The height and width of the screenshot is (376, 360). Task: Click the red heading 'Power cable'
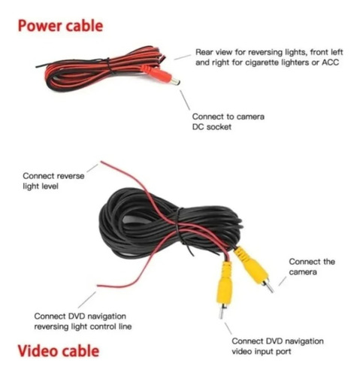coord(60,26)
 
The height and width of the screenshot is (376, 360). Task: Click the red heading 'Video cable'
coord(59,350)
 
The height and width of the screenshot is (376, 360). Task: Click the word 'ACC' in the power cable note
coord(330,62)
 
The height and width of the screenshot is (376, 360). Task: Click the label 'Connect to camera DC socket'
coord(228,122)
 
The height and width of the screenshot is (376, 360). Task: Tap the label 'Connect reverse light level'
coord(53,180)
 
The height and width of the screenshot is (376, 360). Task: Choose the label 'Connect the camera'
coord(312,267)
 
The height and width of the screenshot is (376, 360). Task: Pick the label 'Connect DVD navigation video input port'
coord(277,346)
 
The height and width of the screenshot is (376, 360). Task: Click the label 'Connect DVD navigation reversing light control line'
coord(83,321)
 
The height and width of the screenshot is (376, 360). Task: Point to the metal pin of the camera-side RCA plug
coord(269,287)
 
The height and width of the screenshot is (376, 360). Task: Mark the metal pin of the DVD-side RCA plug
coord(221,312)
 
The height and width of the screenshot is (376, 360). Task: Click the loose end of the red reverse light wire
coord(101,162)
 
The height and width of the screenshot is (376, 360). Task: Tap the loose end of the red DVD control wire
coord(98,286)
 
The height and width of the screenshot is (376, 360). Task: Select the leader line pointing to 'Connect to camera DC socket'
coord(185,100)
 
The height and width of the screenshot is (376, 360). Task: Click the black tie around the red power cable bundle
coord(109,65)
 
